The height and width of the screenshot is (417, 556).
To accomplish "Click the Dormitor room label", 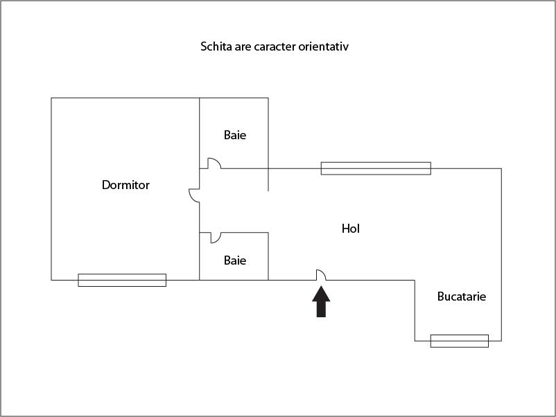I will pos(125,185).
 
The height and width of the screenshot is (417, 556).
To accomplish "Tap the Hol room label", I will pos(351,228).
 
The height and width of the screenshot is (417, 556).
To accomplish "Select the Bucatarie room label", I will pos(461,296).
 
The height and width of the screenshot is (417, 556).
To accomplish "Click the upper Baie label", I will pos(234,135).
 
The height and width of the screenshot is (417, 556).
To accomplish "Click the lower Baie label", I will pos(234,260).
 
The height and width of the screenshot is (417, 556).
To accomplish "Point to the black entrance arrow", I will pos(321,302).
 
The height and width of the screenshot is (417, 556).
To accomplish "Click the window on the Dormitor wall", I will pos(122,280).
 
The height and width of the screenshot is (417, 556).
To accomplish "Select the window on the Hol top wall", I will pos(376,168).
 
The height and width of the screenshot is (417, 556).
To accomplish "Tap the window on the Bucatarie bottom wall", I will pos(459,341).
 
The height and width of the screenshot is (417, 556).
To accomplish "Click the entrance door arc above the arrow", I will pos(321,274).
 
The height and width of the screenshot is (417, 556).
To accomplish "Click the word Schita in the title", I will pos(216,47).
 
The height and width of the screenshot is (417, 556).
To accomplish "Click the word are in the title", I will pos(244,47).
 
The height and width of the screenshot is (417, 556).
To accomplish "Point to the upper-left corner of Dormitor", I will pos(51,98).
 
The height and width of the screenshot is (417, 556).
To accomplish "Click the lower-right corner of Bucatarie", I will pos(501,341).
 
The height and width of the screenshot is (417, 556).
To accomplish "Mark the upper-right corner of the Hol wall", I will pos(501,168).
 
